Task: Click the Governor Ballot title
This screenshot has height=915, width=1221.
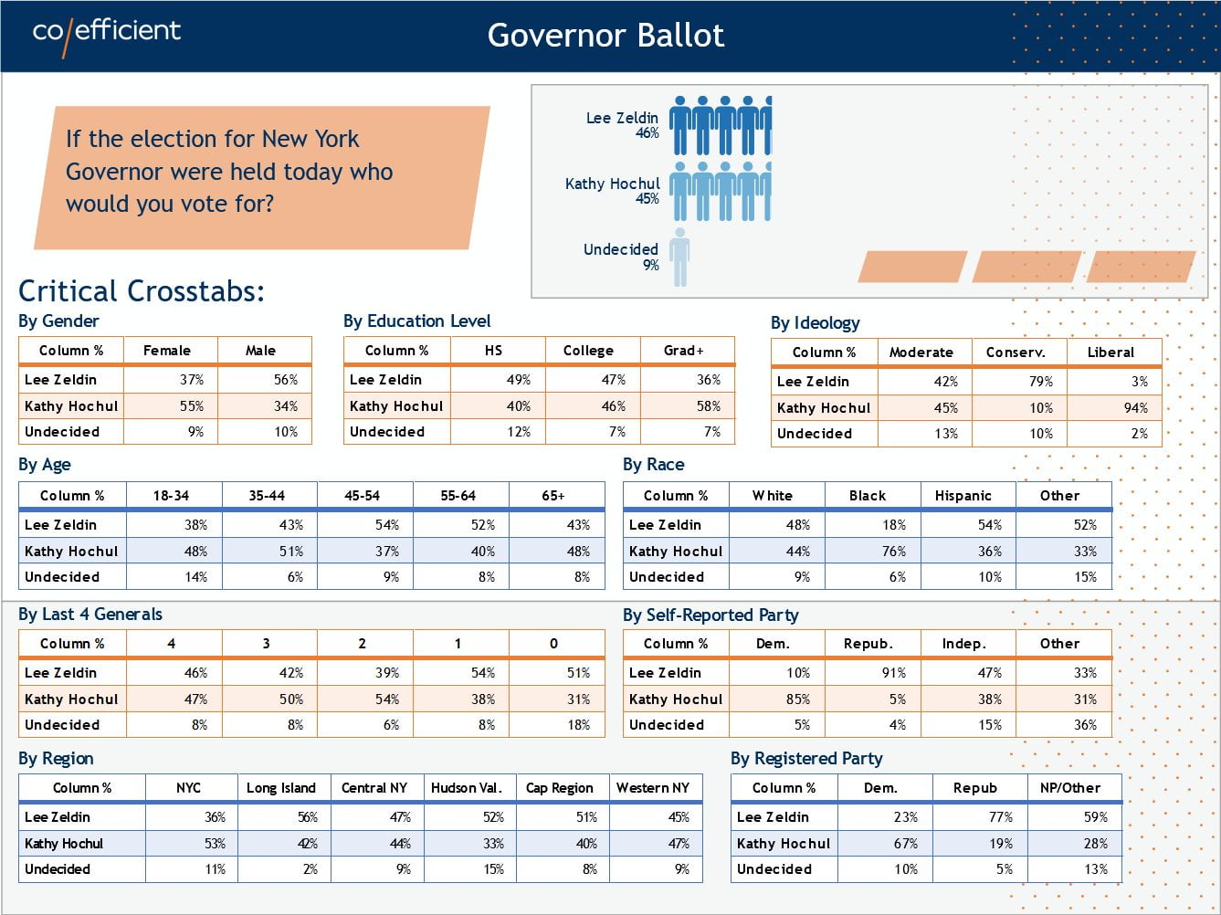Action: [x=605, y=35]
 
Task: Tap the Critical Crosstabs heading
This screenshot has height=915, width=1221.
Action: [x=142, y=290]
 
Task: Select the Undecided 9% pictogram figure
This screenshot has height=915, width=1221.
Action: [x=679, y=258]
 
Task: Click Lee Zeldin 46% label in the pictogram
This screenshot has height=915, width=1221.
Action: [x=622, y=124]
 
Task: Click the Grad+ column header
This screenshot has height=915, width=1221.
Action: [x=684, y=351]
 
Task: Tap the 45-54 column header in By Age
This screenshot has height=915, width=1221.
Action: [x=363, y=496]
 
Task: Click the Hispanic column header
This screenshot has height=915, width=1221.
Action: [x=963, y=496]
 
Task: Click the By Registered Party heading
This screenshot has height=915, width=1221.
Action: [x=806, y=759]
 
